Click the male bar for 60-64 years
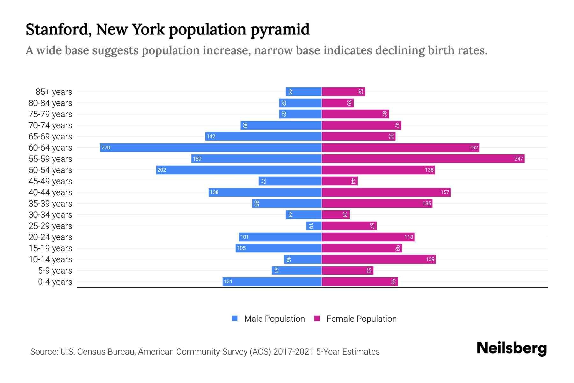click(210, 147)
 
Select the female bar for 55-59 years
click(423, 159)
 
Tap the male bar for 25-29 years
click(314, 226)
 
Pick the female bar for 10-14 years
click(379, 259)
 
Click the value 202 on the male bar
click(162, 170)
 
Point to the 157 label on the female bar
click(445, 192)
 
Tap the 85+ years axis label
click(54, 92)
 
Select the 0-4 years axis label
click(55, 282)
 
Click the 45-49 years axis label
click(50, 181)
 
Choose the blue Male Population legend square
click(235, 319)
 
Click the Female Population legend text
click(361, 319)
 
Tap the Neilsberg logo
click(511, 348)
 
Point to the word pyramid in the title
click(280, 29)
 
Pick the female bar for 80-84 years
click(338, 103)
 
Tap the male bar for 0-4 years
click(272, 282)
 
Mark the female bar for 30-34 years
click(335, 215)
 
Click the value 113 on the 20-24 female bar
click(408, 237)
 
